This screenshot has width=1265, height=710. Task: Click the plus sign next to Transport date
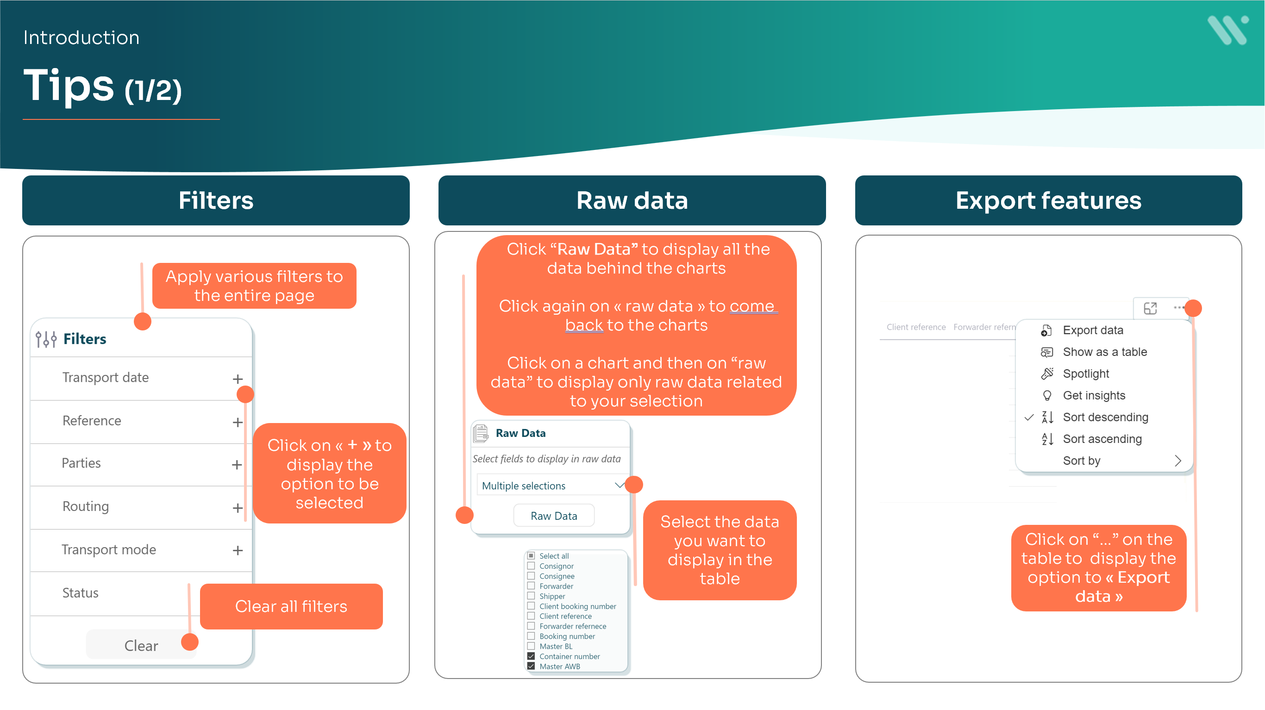(x=238, y=379)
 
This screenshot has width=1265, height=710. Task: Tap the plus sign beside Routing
(x=238, y=508)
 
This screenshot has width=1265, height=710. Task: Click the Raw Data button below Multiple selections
(x=553, y=516)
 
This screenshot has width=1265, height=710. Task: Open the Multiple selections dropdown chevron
(x=619, y=485)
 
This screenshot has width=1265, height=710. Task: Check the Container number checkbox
(x=531, y=656)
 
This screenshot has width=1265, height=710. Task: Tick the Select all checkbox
(x=531, y=556)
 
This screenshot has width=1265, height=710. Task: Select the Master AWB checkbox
(x=531, y=666)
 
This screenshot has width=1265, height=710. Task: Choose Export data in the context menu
(x=1093, y=330)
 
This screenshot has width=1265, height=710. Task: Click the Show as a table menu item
(x=1104, y=352)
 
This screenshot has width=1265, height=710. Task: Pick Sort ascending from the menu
(x=1102, y=439)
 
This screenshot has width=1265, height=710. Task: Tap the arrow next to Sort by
(x=1177, y=461)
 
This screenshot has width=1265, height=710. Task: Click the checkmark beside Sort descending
(x=1029, y=417)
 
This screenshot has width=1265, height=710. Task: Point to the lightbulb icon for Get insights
(x=1047, y=396)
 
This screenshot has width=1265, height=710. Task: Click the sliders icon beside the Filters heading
(x=46, y=339)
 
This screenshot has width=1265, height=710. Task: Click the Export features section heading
(x=1048, y=200)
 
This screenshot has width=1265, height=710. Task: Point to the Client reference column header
(x=916, y=327)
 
